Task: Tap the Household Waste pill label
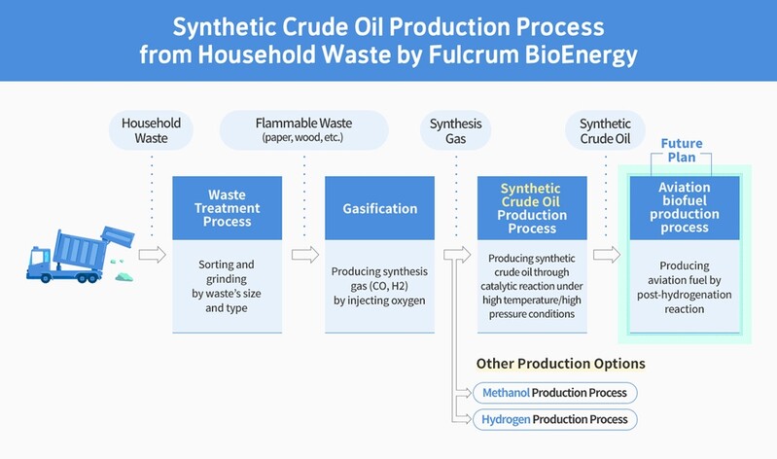(x=151, y=130)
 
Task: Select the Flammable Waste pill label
(x=303, y=130)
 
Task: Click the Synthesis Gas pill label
(x=455, y=130)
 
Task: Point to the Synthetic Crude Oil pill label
(x=605, y=130)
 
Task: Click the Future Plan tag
(x=682, y=151)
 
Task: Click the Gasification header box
(x=380, y=208)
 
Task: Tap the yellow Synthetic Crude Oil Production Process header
(x=531, y=207)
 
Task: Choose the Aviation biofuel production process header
(x=684, y=207)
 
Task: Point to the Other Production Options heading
(x=560, y=364)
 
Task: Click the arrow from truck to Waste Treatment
(x=152, y=255)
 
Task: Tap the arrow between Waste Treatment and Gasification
(x=304, y=255)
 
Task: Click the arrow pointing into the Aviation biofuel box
(x=607, y=255)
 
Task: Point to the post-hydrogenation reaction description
(x=684, y=287)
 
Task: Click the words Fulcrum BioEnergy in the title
(x=532, y=54)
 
